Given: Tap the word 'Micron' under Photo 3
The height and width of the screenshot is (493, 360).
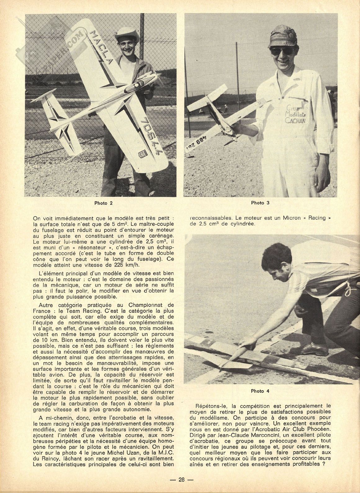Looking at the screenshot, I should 290,218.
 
